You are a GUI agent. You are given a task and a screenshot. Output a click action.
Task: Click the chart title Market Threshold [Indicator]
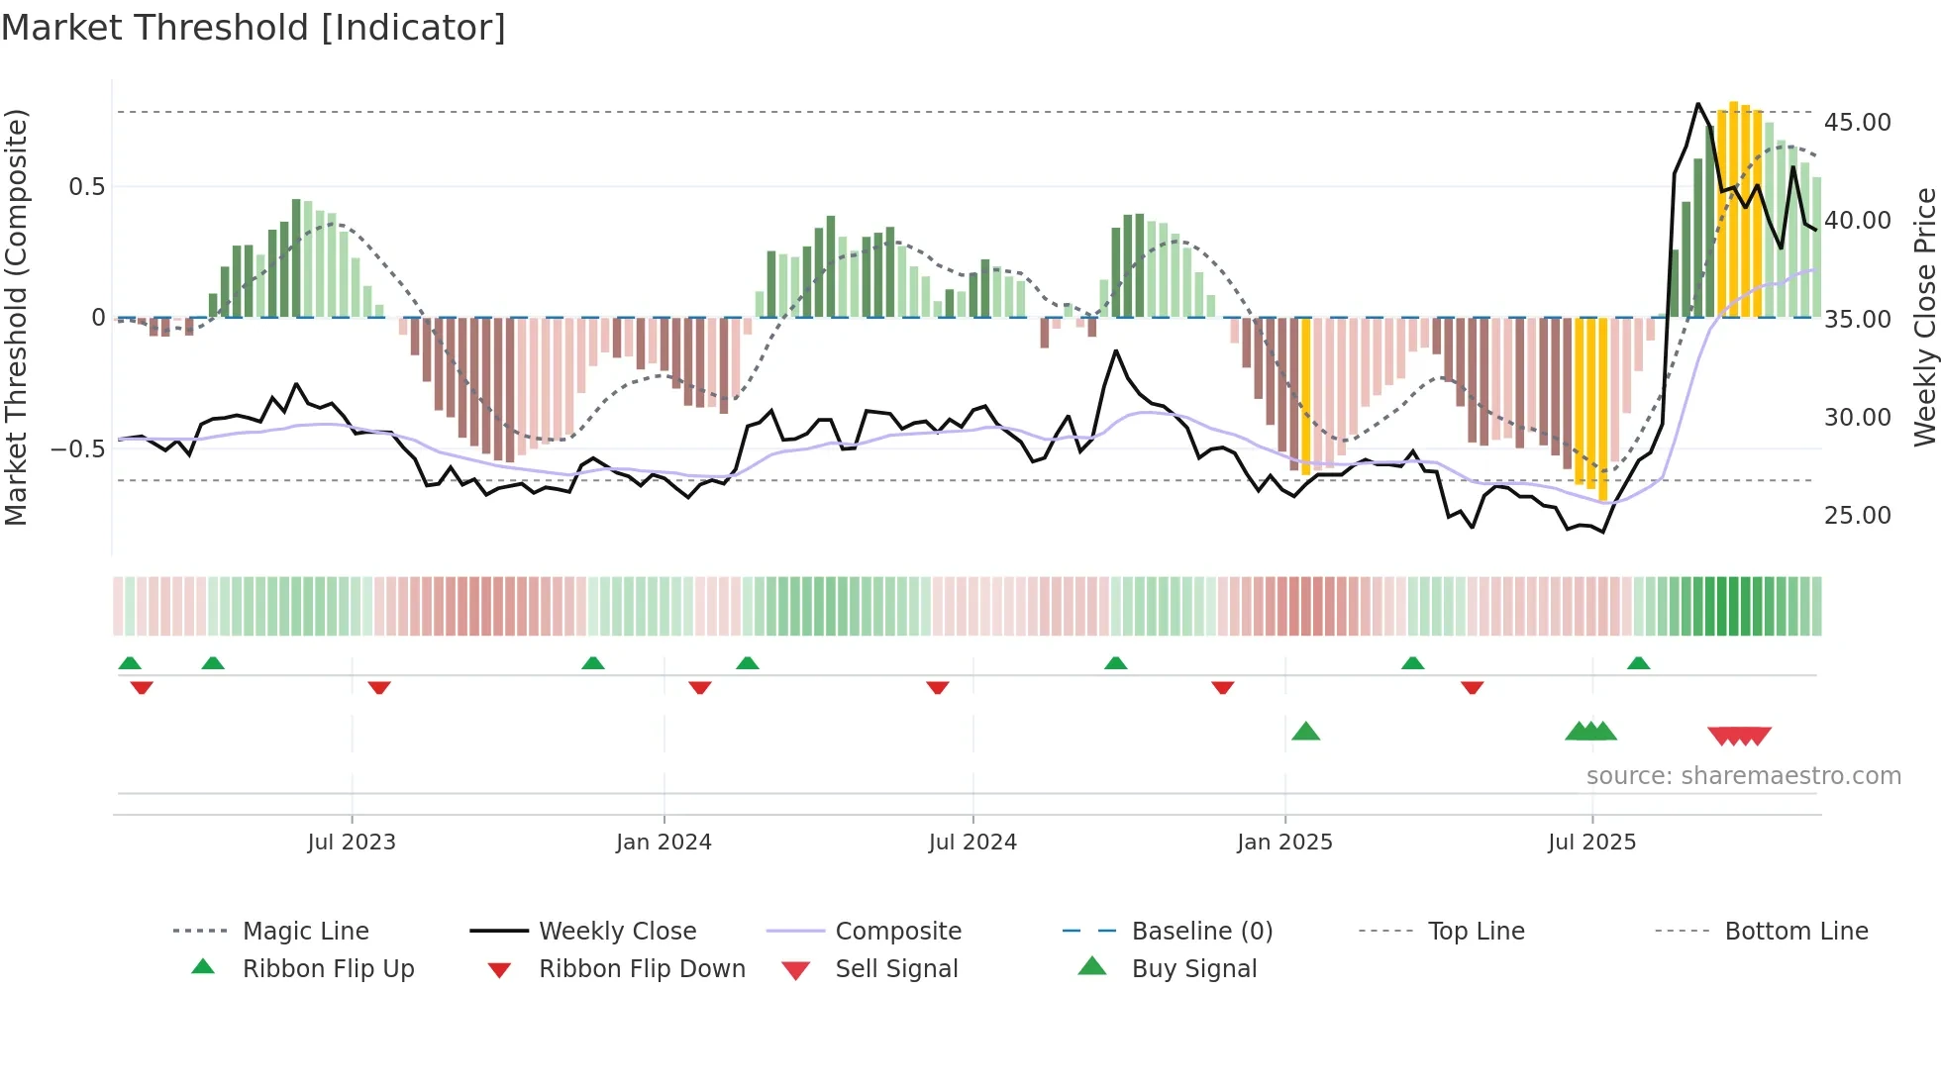[x=254, y=28]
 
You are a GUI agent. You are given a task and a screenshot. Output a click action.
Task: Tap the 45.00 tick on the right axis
[x=1857, y=123]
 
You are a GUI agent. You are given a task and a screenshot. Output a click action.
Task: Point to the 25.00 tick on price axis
[x=1857, y=516]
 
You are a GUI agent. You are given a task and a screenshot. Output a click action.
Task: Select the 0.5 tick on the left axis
[x=86, y=187]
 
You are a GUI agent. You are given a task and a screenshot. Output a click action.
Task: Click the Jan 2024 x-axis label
[x=664, y=843]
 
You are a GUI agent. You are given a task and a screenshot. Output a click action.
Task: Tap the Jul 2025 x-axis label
[x=1591, y=843]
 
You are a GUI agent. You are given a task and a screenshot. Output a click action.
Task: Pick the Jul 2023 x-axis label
[x=352, y=843]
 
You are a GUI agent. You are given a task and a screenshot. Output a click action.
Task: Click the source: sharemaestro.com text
[x=1743, y=776]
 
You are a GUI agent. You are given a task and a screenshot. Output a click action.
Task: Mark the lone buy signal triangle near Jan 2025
[x=1305, y=732]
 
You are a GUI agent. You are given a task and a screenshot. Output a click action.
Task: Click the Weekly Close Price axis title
[x=1924, y=317]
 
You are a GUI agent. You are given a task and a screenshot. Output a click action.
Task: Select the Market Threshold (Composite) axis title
[x=16, y=317]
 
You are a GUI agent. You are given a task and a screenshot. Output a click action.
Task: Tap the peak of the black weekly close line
[x=1697, y=103]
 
